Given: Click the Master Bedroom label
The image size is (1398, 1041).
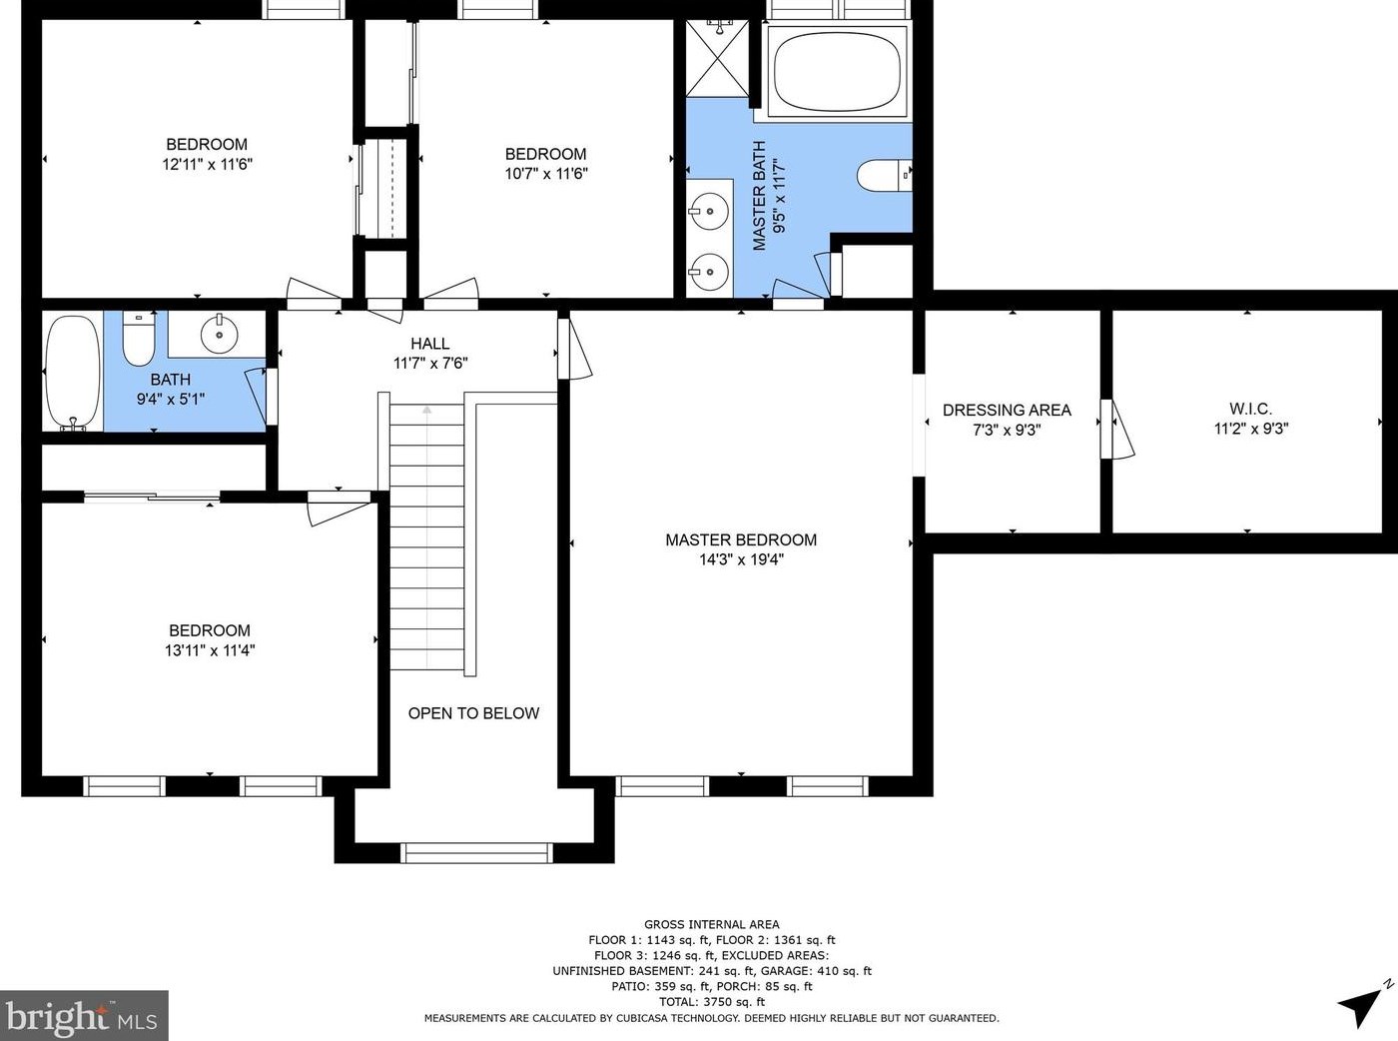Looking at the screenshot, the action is point(741,539).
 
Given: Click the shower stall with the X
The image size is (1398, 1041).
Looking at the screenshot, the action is point(717,58).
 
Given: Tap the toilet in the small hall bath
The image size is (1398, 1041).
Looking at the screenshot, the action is point(139,338).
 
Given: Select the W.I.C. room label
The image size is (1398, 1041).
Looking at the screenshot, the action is point(1250,409).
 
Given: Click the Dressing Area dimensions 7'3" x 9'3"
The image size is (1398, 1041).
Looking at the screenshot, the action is point(1007,430).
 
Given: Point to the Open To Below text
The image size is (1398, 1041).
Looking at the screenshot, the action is point(473,713).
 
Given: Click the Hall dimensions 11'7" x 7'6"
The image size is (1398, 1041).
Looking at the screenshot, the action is point(430,364).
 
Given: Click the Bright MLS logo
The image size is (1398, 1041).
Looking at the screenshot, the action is point(84,1014).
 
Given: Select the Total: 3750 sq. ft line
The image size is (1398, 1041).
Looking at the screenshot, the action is point(712,1001).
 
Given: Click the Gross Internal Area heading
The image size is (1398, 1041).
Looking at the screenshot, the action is point(712,924).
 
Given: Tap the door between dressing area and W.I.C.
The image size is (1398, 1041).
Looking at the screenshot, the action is point(1115,429).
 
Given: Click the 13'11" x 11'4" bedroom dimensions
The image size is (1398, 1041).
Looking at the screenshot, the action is point(210,650).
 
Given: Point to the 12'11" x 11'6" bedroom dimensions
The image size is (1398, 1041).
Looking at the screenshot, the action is point(207,164).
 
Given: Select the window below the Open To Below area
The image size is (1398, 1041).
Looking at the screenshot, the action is point(476,852).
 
